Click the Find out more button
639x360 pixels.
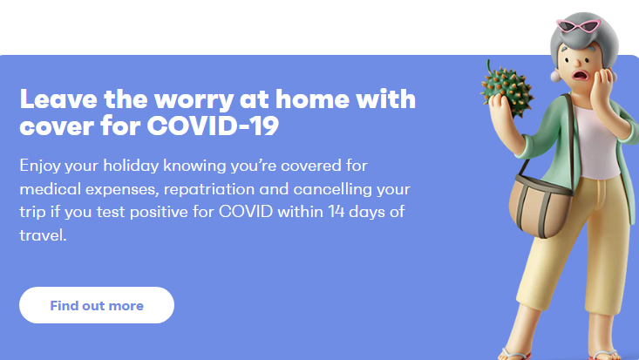pyautogui.click(x=97, y=305)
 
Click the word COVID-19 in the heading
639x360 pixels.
pyautogui.click(x=213, y=126)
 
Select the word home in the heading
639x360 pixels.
pyautogui.click(x=312, y=98)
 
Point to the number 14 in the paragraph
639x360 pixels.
pyautogui.click(x=336, y=212)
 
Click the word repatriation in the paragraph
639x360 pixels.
pyautogui.click(x=209, y=190)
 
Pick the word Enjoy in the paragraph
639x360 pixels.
pyautogui.click(x=40, y=166)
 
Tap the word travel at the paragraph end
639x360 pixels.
pyautogui.click(x=43, y=235)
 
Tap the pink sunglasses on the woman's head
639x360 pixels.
pyautogui.click(x=578, y=25)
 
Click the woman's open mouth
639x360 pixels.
pyautogui.click(x=580, y=76)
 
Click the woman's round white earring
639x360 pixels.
pyautogui.click(x=555, y=76)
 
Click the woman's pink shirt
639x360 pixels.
pyautogui.click(x=597, y=143)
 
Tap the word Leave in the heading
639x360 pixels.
pyautogui.click(x=58, y=98)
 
